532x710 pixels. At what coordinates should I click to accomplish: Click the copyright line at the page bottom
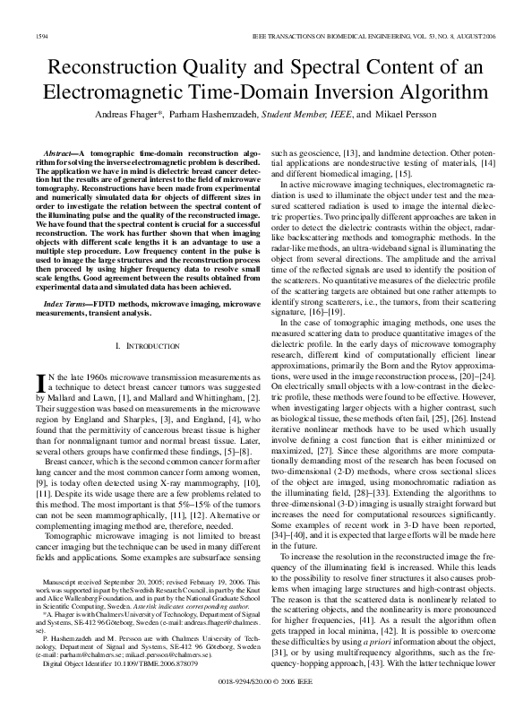pyautogui.click(x=266, y=695)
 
